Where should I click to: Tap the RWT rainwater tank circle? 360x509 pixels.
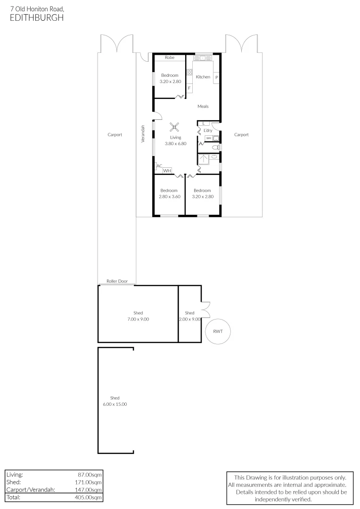pyautogui.click(x=218, y=331)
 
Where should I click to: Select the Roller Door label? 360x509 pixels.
pyautogui.click(x=117, y=281)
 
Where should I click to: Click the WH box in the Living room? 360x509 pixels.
pyautogui.click(x=167, y=171)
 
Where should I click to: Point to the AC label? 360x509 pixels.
pyautogui.click(x=159, y=166)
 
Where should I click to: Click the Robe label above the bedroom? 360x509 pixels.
pyautogui.click(x=170, y=57)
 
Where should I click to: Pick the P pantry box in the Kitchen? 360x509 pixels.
pyautogui.click(x=216, y=77)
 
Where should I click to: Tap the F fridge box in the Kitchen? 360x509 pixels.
pyautogui.click(x=189, y=88)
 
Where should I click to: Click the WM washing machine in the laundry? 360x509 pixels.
pyautogui.click(x=208, y=138)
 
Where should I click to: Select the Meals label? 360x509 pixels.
pyautogui.click(x=203, y=107)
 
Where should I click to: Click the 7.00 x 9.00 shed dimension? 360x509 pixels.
pyautogui.click(x=138, y=319)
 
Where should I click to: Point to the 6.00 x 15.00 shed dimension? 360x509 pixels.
pyautogui.click(x=115, y=404)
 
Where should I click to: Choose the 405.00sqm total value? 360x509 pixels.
pyautogui.click(x=90, y=497)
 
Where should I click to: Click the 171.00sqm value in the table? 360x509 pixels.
pyautogui.click(x=90, y=482)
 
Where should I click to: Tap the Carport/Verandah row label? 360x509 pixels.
pyautogui.click(x=31, y=490)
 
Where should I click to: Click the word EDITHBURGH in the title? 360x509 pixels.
pyautogui.click(x=36, y=17)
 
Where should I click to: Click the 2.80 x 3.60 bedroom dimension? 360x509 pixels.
pyautogui.click(x=170, y=197)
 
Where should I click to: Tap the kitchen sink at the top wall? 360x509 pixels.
pyautogui.click(x=203, y=58)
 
